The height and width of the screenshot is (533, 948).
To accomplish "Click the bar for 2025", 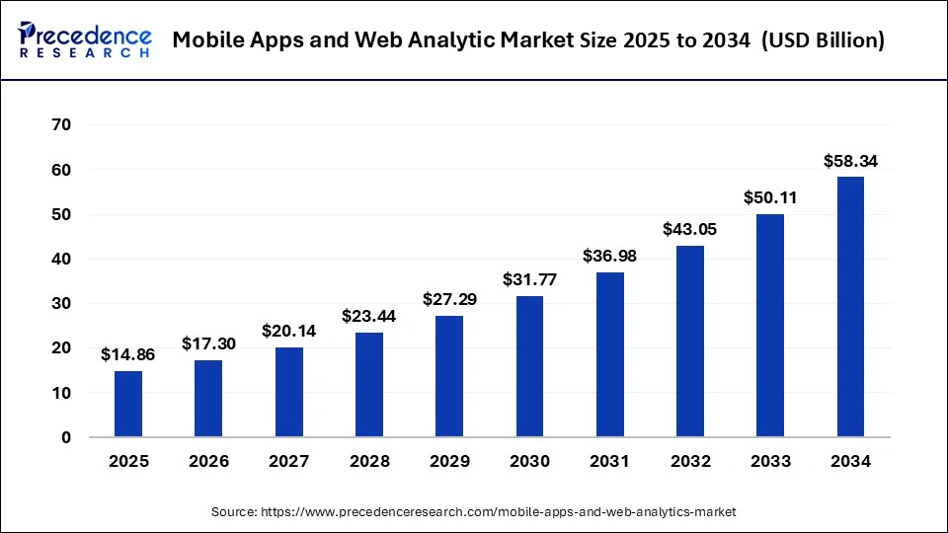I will [128, 404].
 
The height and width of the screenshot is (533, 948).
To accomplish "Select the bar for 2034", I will [850, 307].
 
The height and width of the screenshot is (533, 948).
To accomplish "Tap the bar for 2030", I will [529, 366].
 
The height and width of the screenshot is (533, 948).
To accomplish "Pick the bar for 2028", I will [368, 385].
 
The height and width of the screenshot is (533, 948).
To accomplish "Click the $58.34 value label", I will [850, 160].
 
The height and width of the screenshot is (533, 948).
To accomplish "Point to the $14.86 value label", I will [128, 353].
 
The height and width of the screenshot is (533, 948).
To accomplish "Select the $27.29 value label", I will [449, 298].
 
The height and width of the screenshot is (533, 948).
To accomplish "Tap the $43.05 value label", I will [690, 228].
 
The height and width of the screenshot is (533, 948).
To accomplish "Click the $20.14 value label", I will [288, 331].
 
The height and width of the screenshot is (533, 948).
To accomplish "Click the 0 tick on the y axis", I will [65, 437].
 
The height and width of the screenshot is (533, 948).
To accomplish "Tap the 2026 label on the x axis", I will [208, 461].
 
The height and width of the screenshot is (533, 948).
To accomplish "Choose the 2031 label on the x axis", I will [609, 461].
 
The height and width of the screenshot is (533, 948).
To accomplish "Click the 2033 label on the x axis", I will [770, 461].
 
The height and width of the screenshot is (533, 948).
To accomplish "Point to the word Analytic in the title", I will [425, 40].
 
